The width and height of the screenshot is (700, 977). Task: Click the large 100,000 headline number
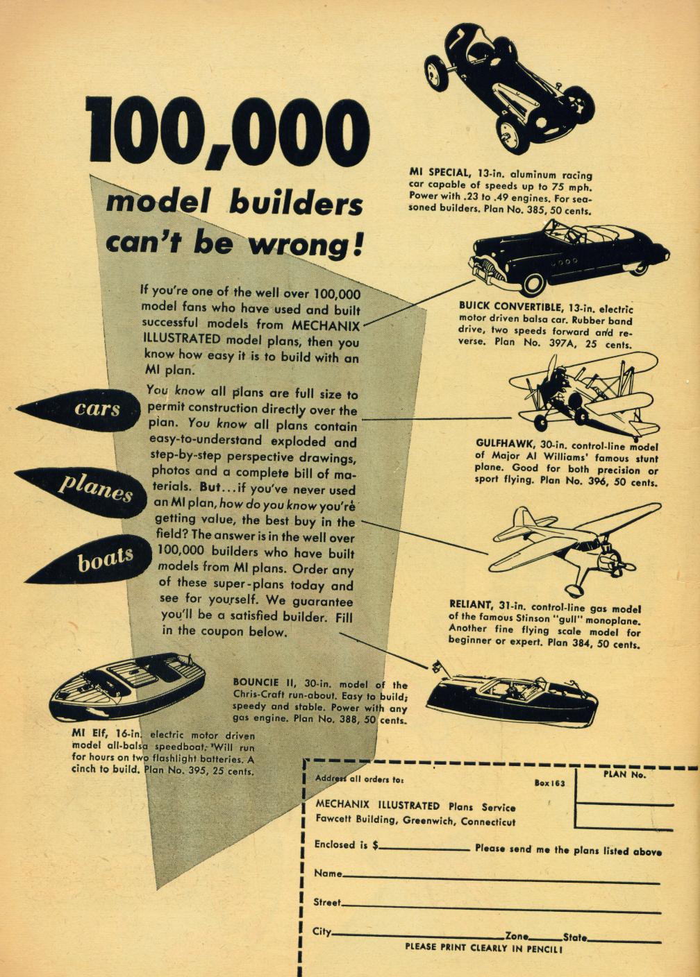pyautogui.click(x=227, y=131)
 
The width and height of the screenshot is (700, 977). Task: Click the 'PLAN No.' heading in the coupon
pyautogui.click(x=624, y=775)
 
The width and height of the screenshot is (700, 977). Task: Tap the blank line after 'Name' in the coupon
pyautogui.click(x=500, y=878)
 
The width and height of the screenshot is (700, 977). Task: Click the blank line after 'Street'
pyautogui.click(x=500, y=907)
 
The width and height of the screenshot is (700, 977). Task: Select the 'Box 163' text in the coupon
pyautogui.click(x=550, y=783)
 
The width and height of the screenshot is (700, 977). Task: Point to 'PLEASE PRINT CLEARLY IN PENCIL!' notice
pyautogui.click(x=483, y=947)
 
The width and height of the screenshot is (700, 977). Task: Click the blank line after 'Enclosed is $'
pyautogui.click(x=425, y=849)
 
